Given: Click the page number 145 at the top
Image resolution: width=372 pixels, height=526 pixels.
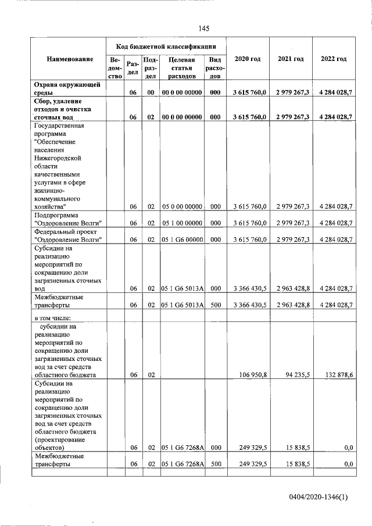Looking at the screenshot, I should [x=203, y=28].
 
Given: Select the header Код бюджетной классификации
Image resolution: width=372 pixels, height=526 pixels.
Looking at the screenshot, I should [x=166, y=46].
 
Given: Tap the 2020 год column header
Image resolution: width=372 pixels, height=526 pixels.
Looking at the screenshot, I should [x=247, y=59].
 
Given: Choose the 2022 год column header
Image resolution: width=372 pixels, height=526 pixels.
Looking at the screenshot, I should [x=334, y=59].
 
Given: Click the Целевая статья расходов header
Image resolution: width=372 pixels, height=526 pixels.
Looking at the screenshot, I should [x=181, y=67].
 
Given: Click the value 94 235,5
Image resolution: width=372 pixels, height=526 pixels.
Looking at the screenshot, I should [x=295, y=375].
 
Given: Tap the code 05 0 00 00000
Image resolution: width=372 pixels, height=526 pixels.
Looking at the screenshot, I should [x=181, y=206].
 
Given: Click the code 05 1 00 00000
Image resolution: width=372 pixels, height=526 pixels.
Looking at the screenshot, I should [x=181, y=223].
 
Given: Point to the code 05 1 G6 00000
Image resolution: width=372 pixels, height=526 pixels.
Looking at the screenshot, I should [x=181, y=240].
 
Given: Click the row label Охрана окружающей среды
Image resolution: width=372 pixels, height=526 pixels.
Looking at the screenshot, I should [x=67, y=88].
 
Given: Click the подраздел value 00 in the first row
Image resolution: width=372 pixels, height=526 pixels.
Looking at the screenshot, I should [x=150, y=92].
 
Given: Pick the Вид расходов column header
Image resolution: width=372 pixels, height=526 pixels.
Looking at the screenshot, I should [x=214, y=67].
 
